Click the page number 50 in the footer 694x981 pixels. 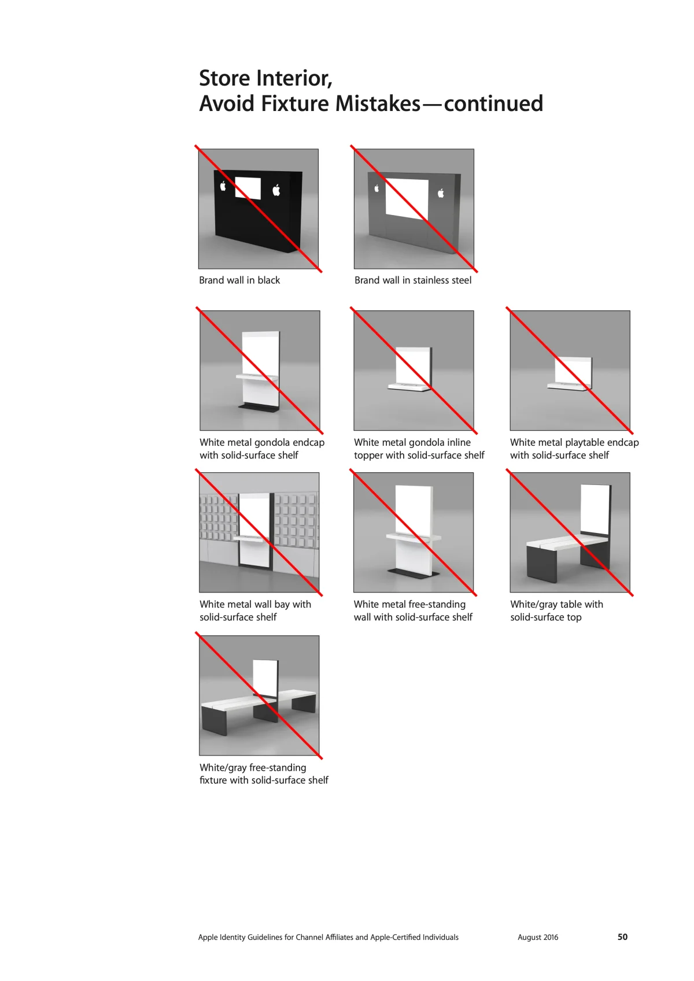coord(622,936)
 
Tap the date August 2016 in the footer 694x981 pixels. coord(538,937)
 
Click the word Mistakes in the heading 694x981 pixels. coord(378,104)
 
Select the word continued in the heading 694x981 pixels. coord(493,104)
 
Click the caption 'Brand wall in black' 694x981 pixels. coord(239,280)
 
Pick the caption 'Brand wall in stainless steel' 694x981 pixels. coord(413,280)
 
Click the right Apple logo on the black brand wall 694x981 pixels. coord(276,190)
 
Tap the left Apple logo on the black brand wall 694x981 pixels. coord(223,186)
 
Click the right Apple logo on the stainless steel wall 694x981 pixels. coord(441,193)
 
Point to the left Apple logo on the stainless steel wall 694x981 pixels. coord(376,188)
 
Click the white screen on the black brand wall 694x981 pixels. coord(248,188)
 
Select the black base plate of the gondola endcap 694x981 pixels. coord(259,408)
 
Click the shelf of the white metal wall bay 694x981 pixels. coord(250,538)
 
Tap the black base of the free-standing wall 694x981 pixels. coord(414,573)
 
